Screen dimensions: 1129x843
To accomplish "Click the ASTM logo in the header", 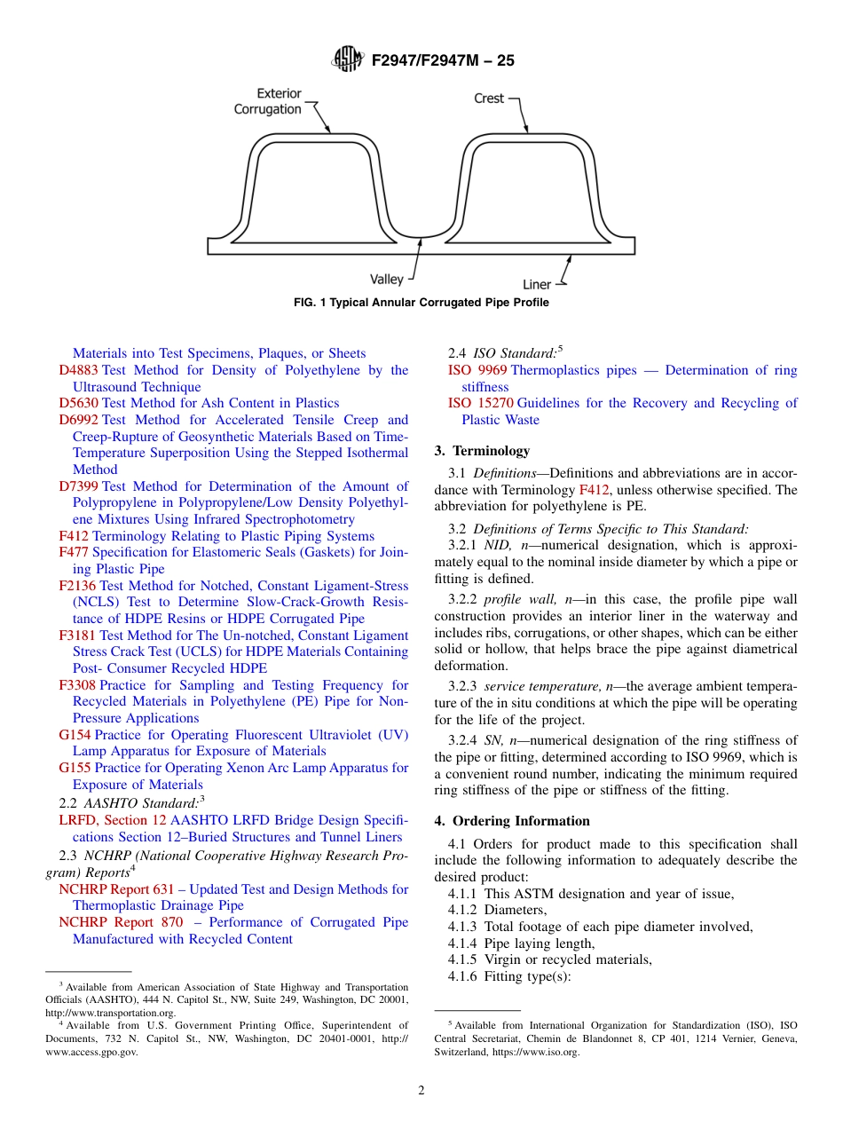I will [347, 59].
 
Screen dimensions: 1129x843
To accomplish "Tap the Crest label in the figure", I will [489, 99].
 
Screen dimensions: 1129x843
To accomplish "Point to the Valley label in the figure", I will [387, 280].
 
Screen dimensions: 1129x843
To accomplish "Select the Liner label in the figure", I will [537, 285].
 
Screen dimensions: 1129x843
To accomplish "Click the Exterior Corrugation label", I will [267, 101].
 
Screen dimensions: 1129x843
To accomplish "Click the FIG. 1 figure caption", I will [421, 303].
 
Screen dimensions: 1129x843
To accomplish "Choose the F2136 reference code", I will [77, 586].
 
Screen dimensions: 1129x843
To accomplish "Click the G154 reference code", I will [75, 735].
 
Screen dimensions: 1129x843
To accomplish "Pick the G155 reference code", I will [75, 768].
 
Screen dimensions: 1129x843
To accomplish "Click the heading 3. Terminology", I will [482, 451].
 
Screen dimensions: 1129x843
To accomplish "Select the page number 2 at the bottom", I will [421, 1091].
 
